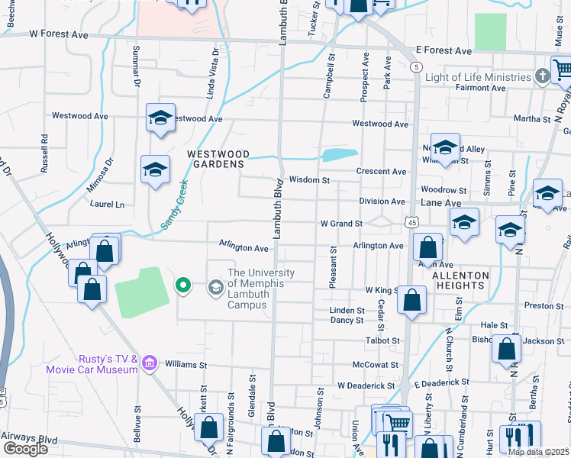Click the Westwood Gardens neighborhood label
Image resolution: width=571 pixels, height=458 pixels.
pyautogui.click(x=218, y=158)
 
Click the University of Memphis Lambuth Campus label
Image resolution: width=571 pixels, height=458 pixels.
pyautogui.click(x=261, y=289)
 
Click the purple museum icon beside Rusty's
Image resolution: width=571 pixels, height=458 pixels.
pyautogui.click(x=149, y=363)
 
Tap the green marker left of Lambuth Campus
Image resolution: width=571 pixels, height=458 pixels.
pyautogui.click(x=183, y=286)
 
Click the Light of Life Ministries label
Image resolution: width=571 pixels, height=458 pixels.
pyautogui.click(x=478, y=77)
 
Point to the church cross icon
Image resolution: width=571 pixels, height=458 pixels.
pyautogui.click(x=542, y=76)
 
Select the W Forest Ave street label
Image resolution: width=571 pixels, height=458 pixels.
pyautogui.click(x=59, y=34)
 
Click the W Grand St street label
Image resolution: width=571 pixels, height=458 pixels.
pyautogui.click(x=340, y=224)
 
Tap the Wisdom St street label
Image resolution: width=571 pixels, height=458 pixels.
pyautogui.click(x=309, y=180)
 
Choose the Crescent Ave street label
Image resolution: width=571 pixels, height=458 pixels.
pyautogui.click(x=382, y=171)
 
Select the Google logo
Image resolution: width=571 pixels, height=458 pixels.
pyautogui.click(x=25, y=449)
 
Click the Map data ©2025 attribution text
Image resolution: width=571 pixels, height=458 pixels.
pyautogui.click(x=538, y=452)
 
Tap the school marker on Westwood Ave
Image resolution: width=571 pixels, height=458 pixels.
pyautogui.click(x=160, y=118)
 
